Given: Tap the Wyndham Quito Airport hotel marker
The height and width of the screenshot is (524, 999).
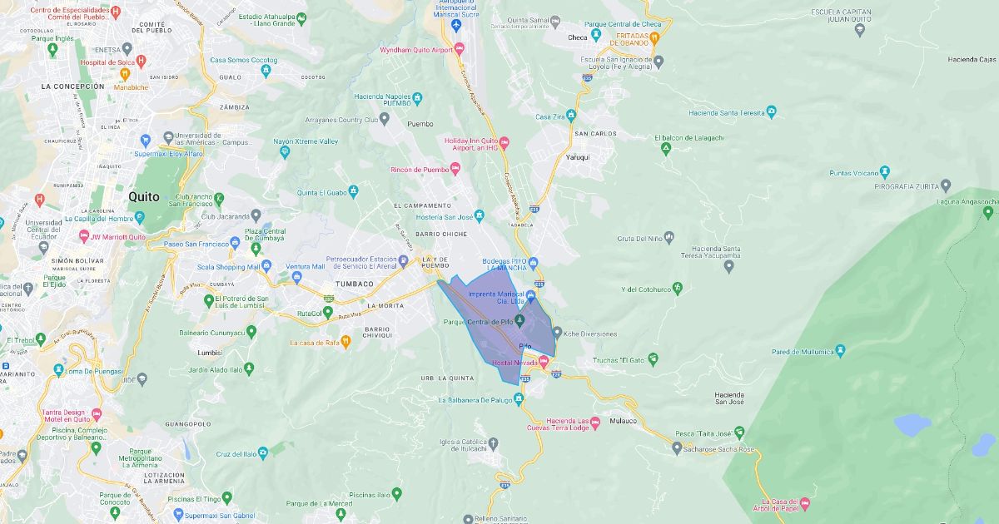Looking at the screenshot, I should (x=459, y=50).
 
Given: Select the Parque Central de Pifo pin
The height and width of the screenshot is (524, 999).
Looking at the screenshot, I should (x=519, y=321).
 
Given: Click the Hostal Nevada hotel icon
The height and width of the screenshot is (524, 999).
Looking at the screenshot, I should (x=544, y=362).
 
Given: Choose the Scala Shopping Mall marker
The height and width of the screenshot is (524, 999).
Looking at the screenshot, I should (x=266, y=267).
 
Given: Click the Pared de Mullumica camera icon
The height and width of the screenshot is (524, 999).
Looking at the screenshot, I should (x=840, y=351).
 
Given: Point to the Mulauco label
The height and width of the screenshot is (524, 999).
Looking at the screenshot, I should (x=622, y=421).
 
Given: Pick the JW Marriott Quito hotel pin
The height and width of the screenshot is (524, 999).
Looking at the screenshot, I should (x=83, y=236).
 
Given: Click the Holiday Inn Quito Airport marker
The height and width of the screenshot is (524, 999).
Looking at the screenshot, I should (x=504, y=144).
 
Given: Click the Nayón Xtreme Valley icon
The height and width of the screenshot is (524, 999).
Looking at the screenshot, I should (x=284, y=152).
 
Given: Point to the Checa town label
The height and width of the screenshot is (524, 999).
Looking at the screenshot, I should (x=577, y=37).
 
